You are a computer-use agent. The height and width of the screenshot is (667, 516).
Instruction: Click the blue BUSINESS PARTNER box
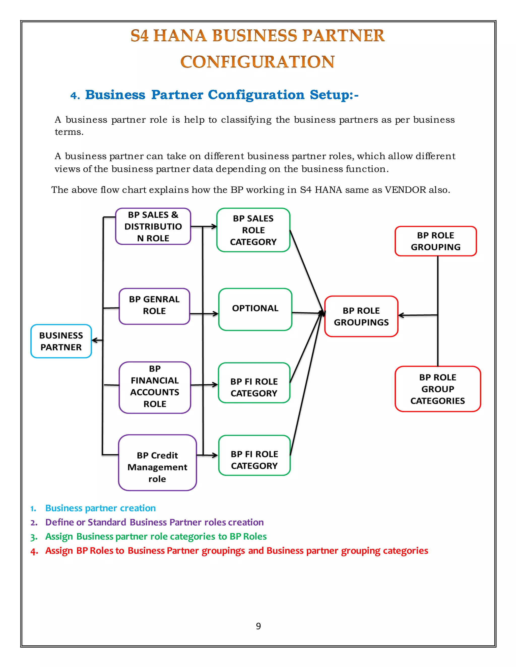61,341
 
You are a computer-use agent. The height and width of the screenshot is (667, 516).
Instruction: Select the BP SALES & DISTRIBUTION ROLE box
153,226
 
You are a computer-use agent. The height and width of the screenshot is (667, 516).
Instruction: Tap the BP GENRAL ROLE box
154,306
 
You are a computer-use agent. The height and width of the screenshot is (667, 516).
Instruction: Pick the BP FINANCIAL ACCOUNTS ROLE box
155,387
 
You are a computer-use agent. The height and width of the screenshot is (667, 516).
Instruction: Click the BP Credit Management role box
157,462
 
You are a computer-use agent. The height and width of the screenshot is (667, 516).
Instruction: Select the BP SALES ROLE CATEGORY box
253,230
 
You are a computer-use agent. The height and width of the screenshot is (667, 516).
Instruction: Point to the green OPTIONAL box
255,309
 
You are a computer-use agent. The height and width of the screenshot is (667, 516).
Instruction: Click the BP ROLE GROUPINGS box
361,316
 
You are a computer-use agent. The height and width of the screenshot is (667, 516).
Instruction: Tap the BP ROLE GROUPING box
436,241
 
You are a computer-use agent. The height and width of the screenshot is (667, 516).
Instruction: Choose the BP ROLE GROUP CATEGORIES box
438,389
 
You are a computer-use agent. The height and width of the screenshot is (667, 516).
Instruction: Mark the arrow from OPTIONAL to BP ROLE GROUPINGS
307,313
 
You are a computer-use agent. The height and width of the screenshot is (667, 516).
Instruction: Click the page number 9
258,626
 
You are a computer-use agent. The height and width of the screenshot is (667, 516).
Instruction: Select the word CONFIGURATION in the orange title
257,62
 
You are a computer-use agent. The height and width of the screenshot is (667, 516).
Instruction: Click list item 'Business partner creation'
101,508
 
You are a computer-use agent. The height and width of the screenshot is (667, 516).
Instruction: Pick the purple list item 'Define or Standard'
154,522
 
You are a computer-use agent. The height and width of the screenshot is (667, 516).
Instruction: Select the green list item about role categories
156,536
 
